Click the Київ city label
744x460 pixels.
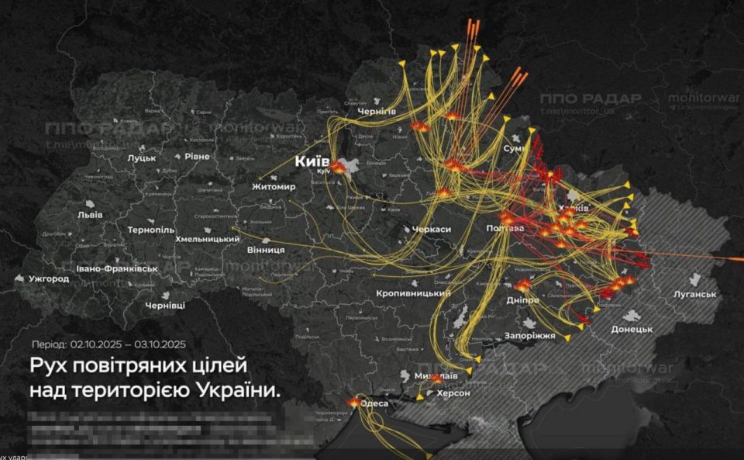312,161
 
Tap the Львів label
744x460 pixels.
80,215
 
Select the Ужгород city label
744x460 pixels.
49,278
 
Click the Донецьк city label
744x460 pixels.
632,329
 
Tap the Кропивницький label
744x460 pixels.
413,294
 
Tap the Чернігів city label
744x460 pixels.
377,112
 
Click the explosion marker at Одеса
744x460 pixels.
355,402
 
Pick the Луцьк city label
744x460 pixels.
142,157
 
